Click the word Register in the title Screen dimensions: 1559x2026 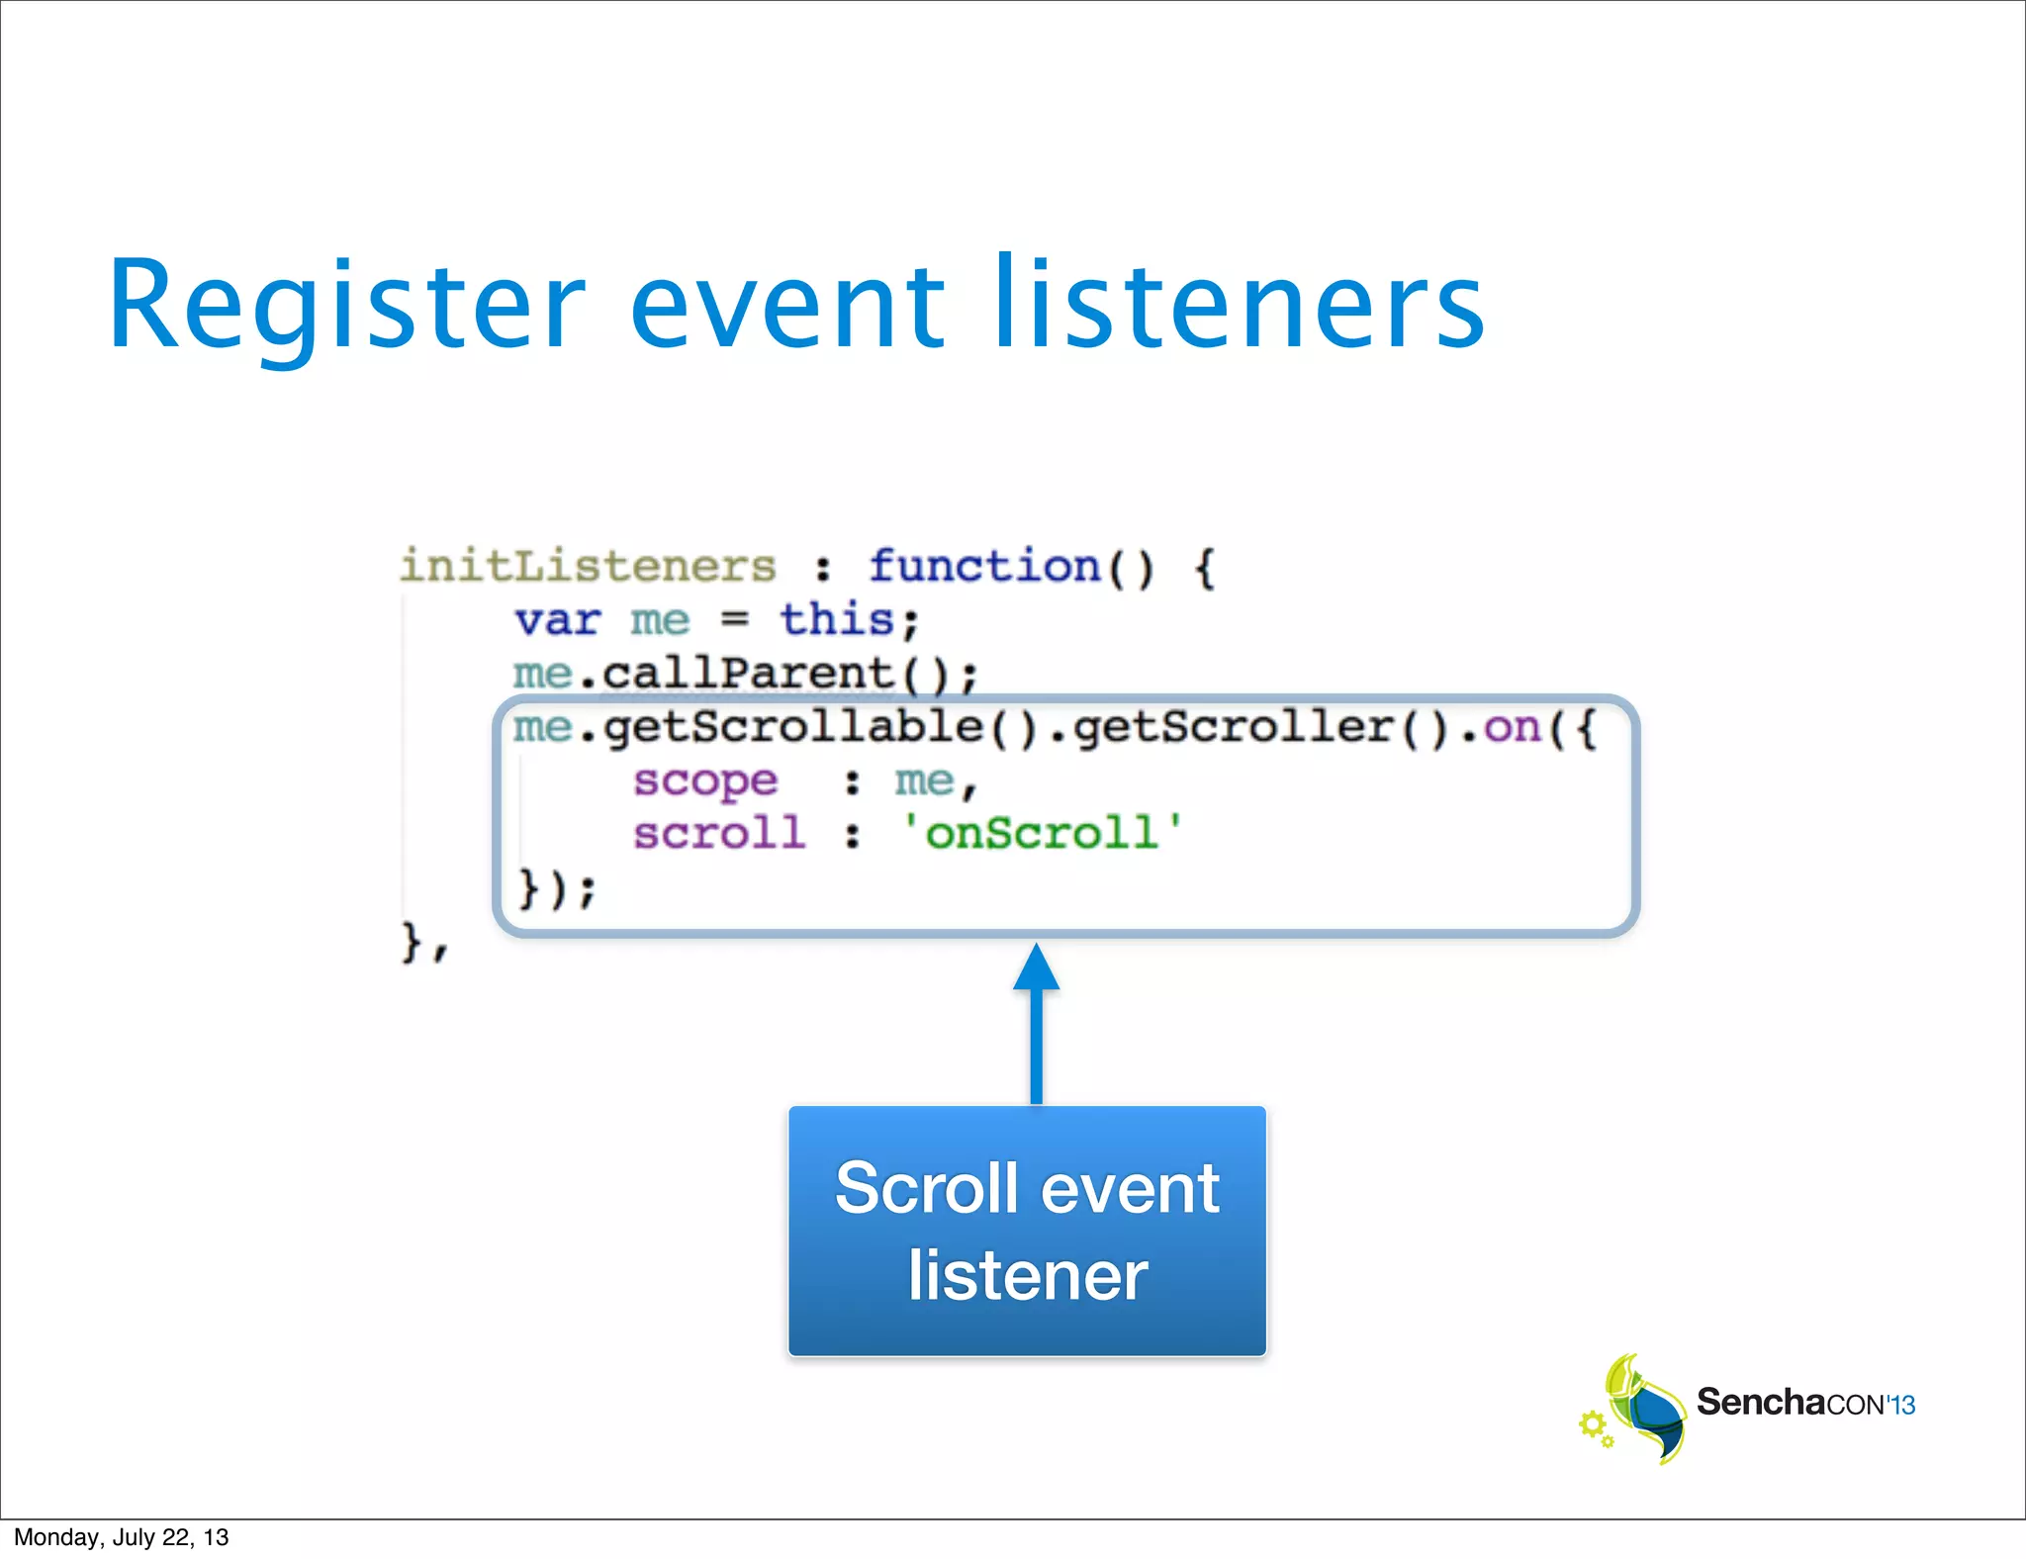click(346, 307)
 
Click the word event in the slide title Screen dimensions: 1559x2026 click(787, 307)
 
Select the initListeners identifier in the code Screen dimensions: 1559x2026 click(588, 567)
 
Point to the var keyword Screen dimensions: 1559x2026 click(557, 621)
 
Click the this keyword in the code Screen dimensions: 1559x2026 click(837, 620)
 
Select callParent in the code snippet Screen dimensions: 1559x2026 click(748, 675)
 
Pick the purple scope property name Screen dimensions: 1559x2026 click(705, 782)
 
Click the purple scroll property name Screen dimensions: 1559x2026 click(719, 834)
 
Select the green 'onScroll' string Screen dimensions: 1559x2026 click(1042, 834)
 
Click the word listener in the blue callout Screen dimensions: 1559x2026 click(1028, 1276)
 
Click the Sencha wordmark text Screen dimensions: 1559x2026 click(1761, 1403)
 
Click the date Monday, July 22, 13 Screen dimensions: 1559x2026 click(121, 1537)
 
